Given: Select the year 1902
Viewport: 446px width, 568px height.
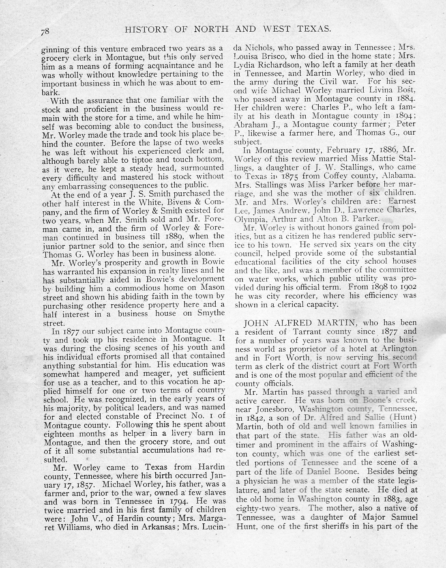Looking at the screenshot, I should click(406, 286).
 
